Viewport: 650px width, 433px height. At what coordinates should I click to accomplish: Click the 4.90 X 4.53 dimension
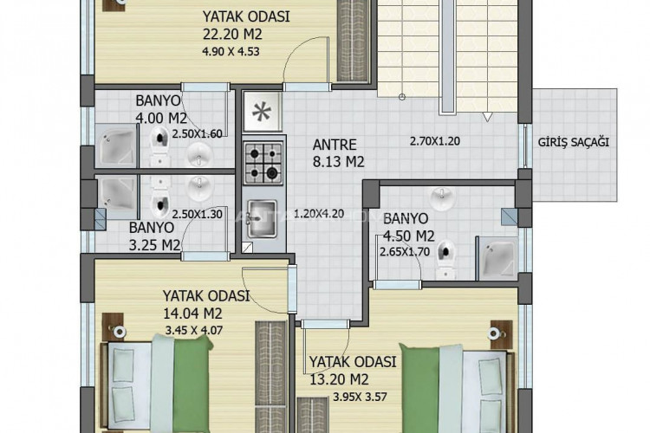(x=230, y=51)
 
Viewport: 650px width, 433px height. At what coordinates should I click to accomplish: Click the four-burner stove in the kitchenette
(x=263, y=162)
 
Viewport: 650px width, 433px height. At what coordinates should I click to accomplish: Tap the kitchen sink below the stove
(x=260, y=217)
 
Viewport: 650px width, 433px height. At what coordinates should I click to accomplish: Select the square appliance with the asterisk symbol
(x=260, y=114)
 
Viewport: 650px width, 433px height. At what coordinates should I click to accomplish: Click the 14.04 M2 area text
(x=198, y=312)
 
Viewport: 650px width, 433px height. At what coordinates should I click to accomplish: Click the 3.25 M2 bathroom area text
(x=154, y=245)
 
